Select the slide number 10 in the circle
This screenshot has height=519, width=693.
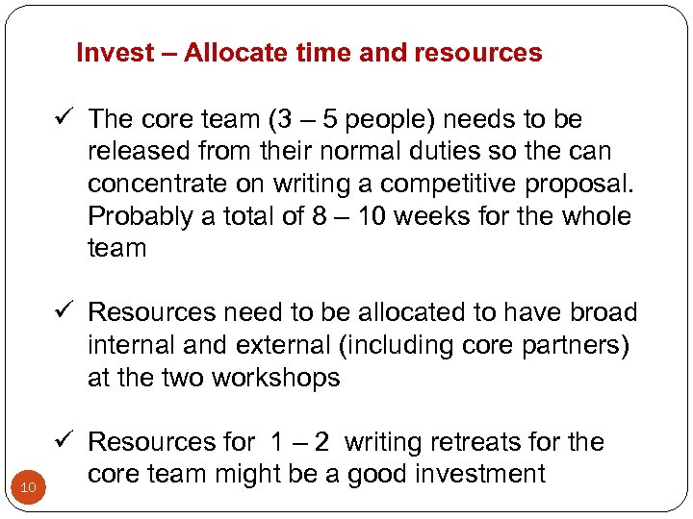tap(28, 489)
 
